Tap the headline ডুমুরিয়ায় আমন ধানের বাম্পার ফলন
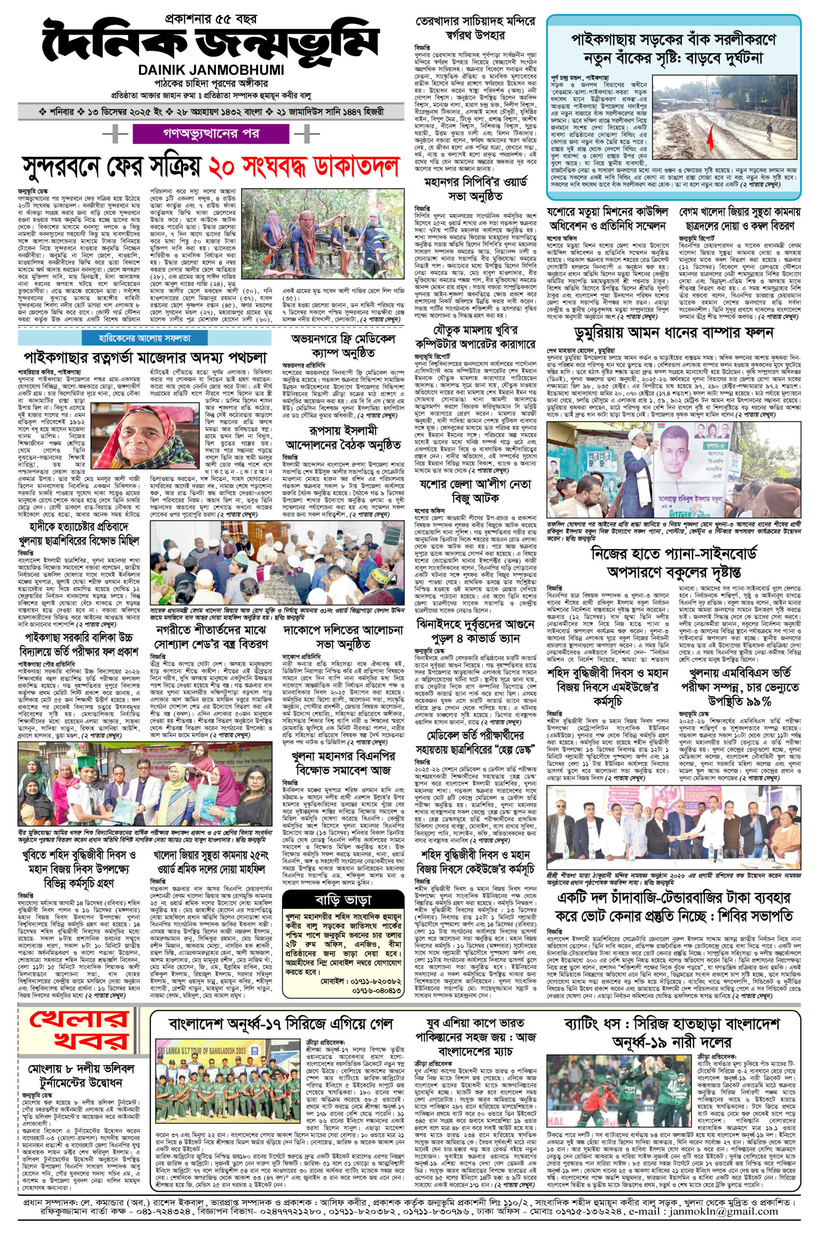[674, 334]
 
